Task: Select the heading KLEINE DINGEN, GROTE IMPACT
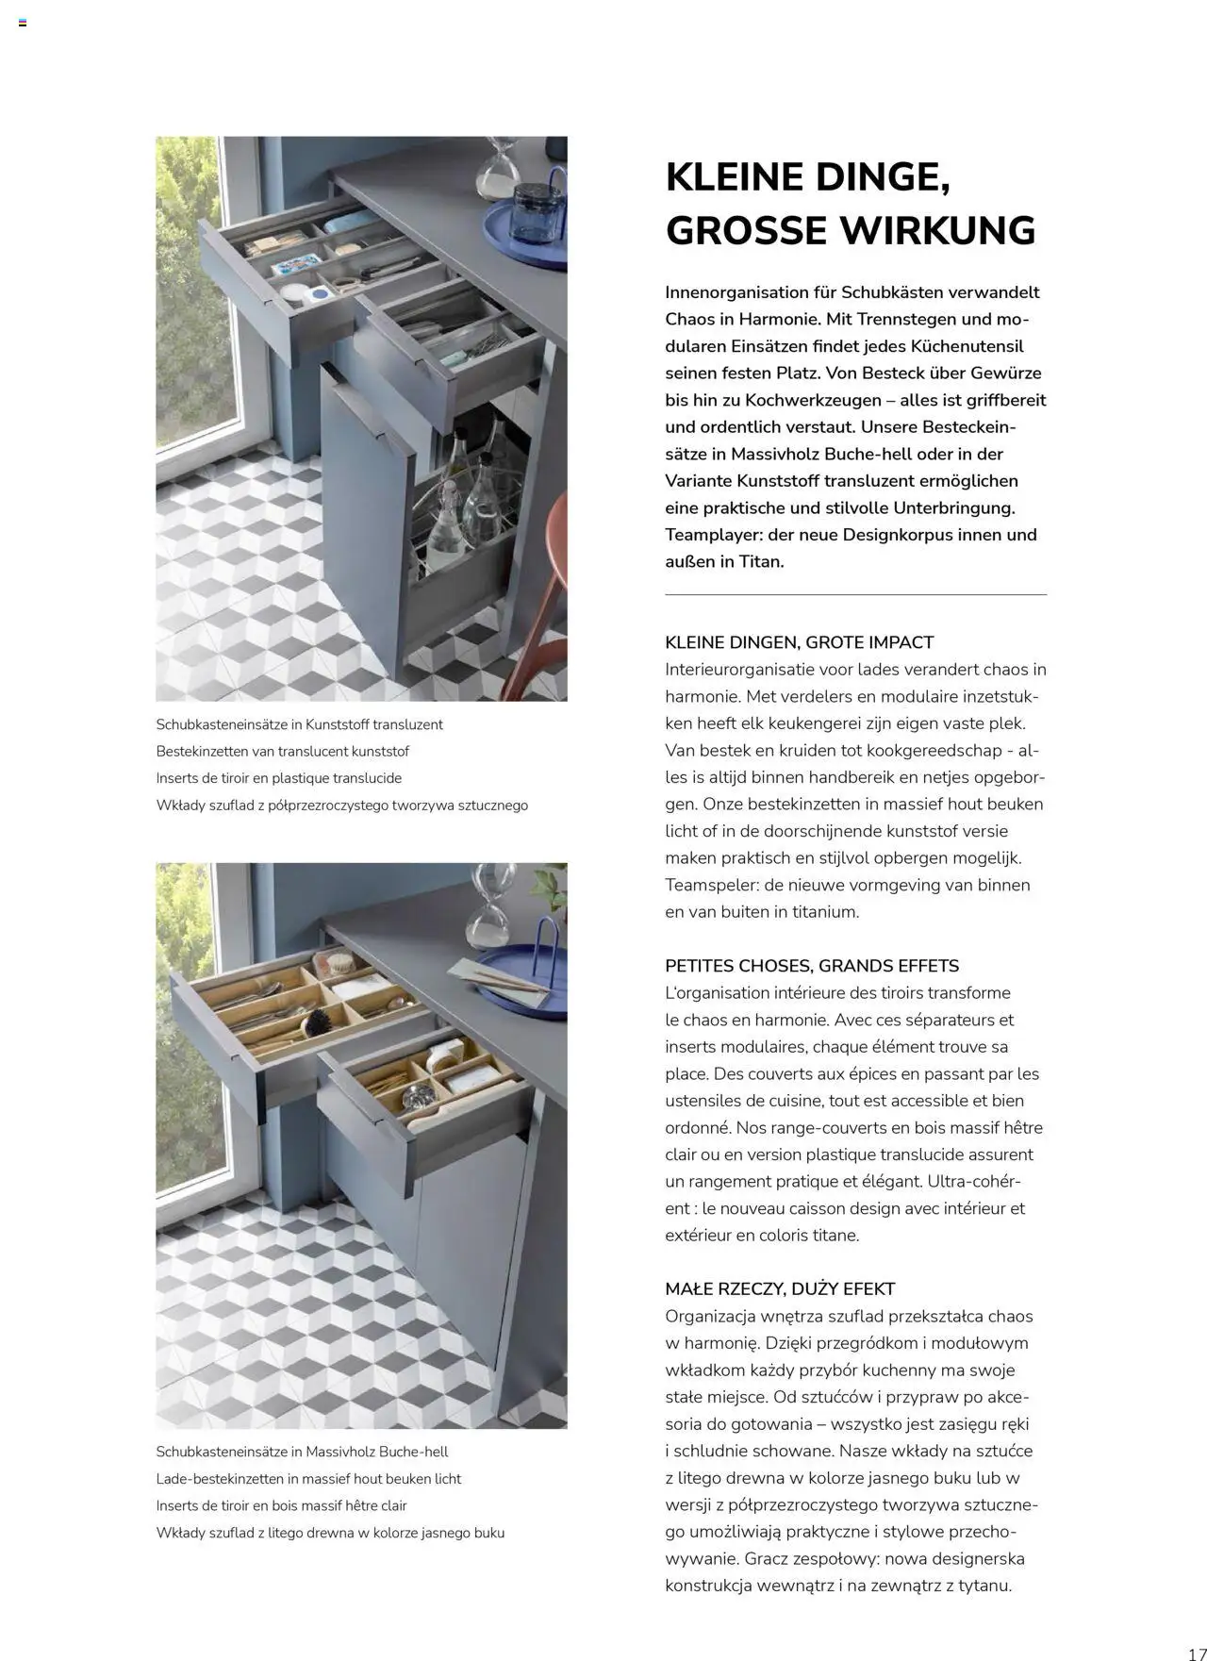pos(799,642)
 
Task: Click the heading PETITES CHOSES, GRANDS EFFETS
pos(811,966)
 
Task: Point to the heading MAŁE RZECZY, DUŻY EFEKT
pos(780,1288)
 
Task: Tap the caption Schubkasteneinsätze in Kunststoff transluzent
pos(299,724)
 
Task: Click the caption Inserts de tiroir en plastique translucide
pos(278,778)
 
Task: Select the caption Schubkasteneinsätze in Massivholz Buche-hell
pos(302,1452)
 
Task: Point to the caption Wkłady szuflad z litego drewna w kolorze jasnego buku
pos(330,1533)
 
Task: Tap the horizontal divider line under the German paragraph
pos(855,595)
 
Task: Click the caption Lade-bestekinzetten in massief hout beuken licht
pos(307,1479)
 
